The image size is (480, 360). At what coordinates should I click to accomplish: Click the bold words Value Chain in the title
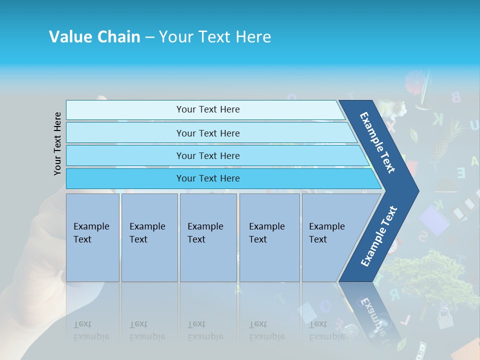point(94,37)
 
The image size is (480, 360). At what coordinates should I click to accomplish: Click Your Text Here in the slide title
point(215,37)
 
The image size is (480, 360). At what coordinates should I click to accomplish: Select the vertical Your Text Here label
point(57,143)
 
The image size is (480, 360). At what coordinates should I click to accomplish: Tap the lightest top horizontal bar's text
point(208,109)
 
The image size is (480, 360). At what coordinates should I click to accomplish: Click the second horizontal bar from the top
point(208,133)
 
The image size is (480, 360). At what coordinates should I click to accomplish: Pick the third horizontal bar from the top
point(208,155)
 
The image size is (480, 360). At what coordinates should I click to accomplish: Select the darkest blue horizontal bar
point(208,178)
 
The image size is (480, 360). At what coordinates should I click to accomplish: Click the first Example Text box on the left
point(92,237)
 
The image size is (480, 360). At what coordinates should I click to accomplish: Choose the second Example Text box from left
point(149,237)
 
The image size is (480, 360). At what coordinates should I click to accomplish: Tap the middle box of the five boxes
point(208,237)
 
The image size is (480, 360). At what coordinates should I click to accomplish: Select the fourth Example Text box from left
point(269,237)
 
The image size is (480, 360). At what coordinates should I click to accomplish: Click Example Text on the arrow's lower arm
point(379,236)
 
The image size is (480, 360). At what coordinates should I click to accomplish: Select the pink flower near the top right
point(414,80)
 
